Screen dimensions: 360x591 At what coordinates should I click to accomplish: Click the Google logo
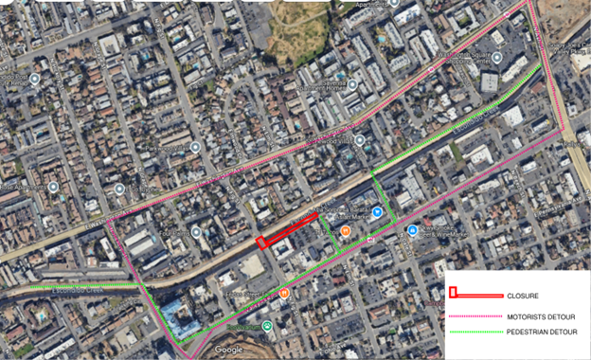coord(228,349)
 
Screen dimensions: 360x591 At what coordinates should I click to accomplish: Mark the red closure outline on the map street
coord(287,230)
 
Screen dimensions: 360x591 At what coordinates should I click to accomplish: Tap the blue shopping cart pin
coord(377,212)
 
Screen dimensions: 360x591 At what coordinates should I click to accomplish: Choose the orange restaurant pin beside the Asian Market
coord(346,230)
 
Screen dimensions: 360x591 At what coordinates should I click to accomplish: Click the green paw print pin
coord(268,327)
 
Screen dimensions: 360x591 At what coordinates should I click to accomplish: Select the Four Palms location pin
coord(195,231)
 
